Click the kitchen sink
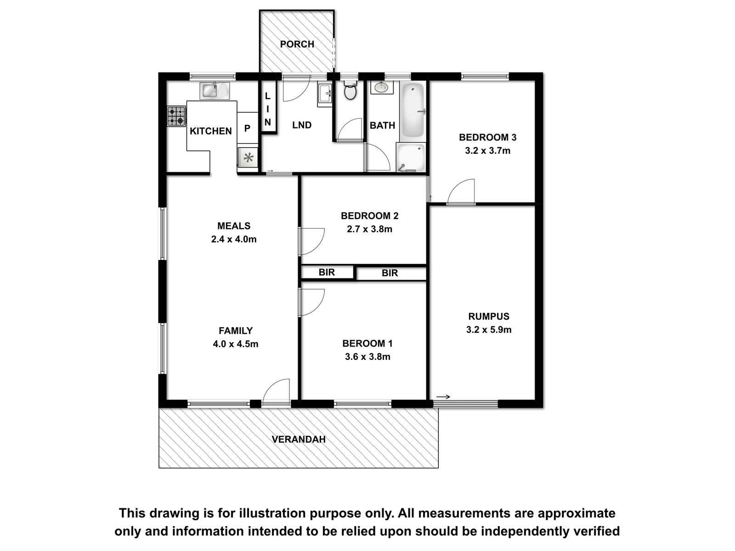pos(215,90)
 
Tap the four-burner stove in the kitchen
pos(176,116)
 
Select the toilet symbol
pos(350,90)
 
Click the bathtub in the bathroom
pos(413,110)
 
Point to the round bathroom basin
pos(381,88)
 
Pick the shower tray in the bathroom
pos(411,157)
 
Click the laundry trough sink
pos(324,95)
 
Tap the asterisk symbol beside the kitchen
pos(248,157)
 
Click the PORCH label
pos(297,44)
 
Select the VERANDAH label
pos(299,439)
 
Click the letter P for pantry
pos(247,129)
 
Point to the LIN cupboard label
pos(267,109)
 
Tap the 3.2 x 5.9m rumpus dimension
pos(489,330)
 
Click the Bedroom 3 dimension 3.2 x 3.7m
pos(487,151)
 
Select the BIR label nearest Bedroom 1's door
pos(327,272)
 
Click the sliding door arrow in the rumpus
pos(443,397)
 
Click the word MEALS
pos(234,226)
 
